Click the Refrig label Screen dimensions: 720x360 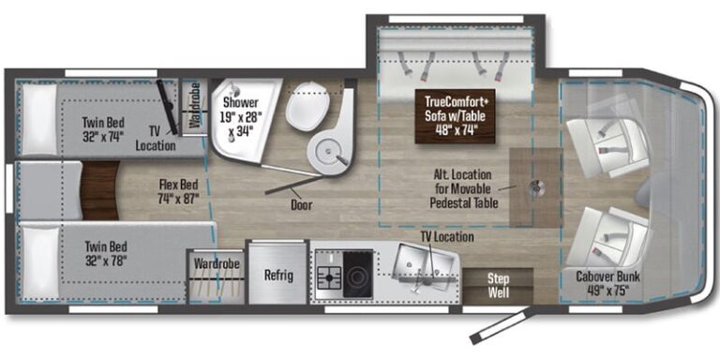pos(278,276)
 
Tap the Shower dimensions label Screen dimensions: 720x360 pos(240,116)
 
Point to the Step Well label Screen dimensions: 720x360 pos(498,285)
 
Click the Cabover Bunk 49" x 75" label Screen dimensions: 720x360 pos(607,283)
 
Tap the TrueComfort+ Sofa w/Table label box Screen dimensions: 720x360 pos(455,116)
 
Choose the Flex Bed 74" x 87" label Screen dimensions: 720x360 pos(178,191)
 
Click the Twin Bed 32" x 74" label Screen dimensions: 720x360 pos(103,129)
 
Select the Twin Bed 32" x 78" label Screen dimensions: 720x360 pos(105,254)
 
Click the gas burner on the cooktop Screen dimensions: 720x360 pos(329,277)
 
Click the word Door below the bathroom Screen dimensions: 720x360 pos(301,204)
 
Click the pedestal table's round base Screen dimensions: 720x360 pos(536,187)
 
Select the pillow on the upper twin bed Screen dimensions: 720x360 pos(39,118)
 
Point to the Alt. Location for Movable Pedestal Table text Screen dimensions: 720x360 pos(464,188)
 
